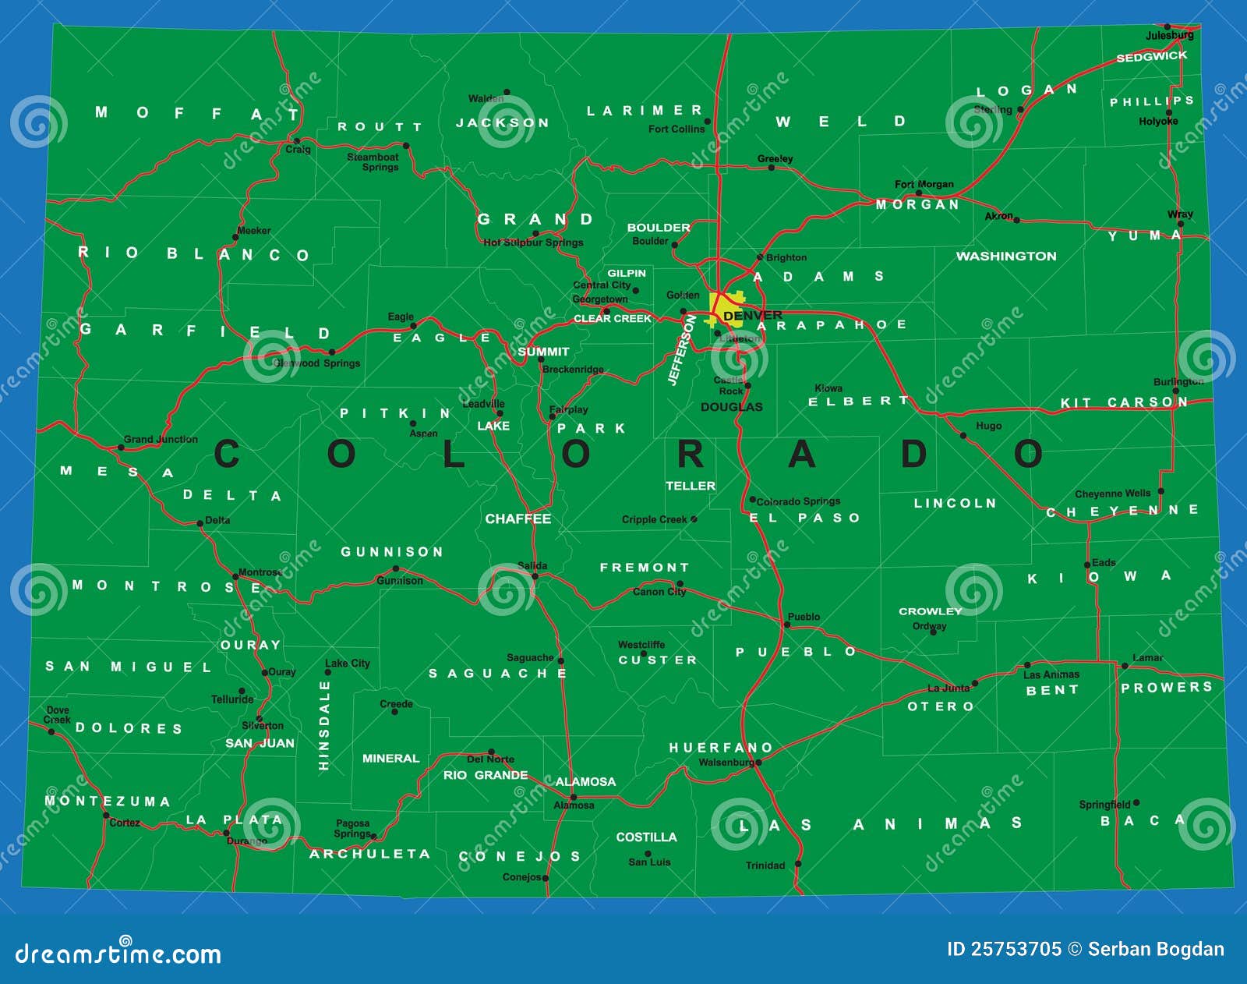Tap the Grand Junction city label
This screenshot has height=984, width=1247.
161,439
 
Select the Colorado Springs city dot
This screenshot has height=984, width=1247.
752,500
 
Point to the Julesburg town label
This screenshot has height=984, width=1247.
1169,35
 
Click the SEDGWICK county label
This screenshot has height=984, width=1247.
1151,56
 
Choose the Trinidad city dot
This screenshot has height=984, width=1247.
797,864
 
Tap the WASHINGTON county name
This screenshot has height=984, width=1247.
1006,256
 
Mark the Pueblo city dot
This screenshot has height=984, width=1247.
786,625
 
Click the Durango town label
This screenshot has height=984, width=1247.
246,841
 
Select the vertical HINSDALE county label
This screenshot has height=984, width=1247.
324,725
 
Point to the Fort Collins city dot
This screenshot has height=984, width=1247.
707,122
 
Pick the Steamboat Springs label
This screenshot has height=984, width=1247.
373,161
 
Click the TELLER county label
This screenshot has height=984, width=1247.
690,486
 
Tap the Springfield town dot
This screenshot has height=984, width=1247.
1136,802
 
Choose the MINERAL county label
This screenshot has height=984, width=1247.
390,758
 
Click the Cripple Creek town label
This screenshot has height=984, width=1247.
654,519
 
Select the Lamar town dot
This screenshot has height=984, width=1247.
1124,666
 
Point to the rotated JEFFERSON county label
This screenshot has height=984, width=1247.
681,350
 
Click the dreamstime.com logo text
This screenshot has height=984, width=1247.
118,954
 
